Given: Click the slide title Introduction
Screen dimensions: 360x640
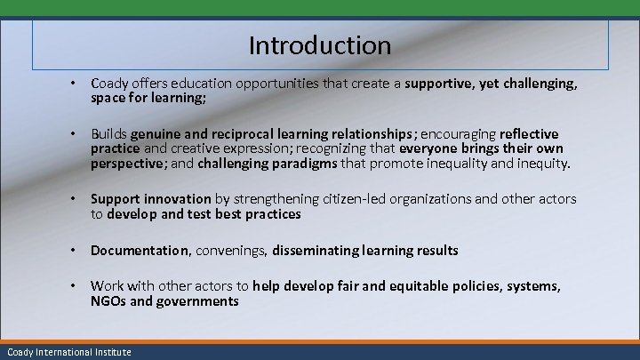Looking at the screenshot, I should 319,44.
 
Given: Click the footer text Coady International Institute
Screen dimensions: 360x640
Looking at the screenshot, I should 67,352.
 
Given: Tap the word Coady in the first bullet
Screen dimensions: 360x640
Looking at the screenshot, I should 108,84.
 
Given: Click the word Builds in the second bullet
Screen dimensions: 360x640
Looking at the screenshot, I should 109,134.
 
